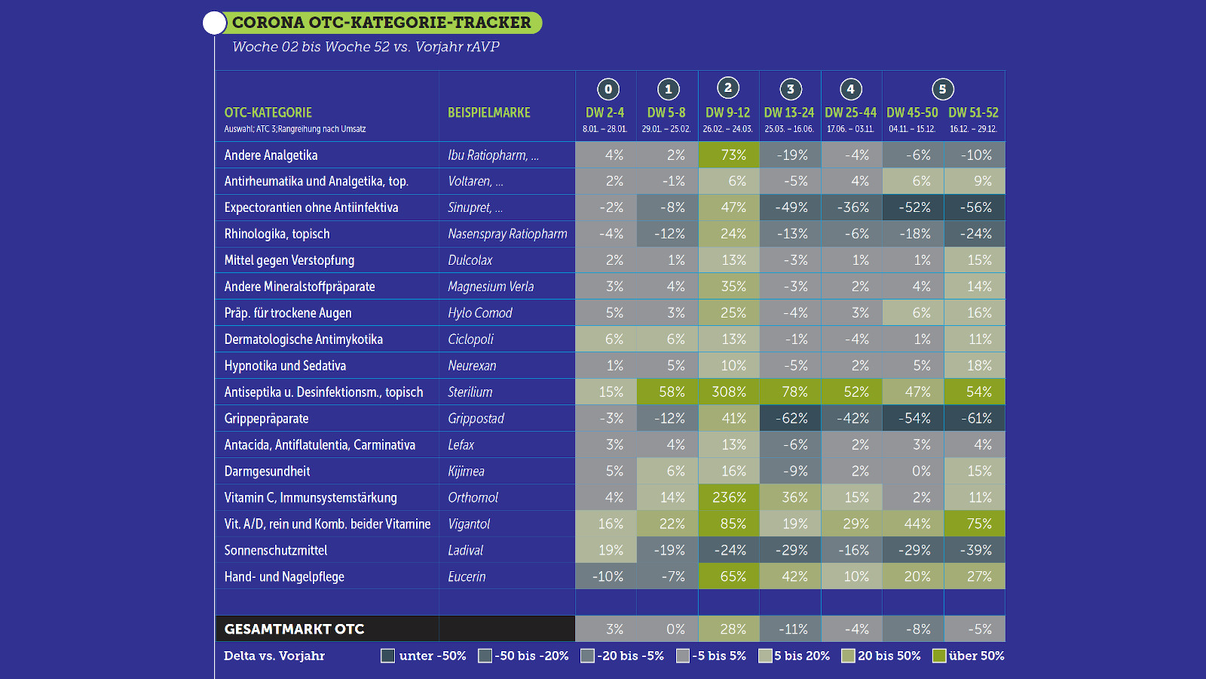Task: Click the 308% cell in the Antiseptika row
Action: pos(728,392)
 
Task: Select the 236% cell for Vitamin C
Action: pos(728,497)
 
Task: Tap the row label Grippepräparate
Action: pos(266,418)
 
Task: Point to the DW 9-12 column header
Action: pos(727,112)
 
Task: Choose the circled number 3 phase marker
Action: pos(790,89)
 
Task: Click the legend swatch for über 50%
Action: pos(939,656)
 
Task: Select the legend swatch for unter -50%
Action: pos(388,656)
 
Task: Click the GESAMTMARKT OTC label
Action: pos(294,629)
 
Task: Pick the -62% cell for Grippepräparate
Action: pos(790,418)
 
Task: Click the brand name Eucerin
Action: pos(467,576)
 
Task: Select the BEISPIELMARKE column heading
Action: pos(489,112)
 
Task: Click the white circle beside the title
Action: pos(214,23)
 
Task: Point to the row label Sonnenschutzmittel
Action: pos(276,550)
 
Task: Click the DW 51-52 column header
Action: pos(973,112)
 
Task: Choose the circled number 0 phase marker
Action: pos(608,89)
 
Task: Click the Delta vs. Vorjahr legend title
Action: pos(274,656)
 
